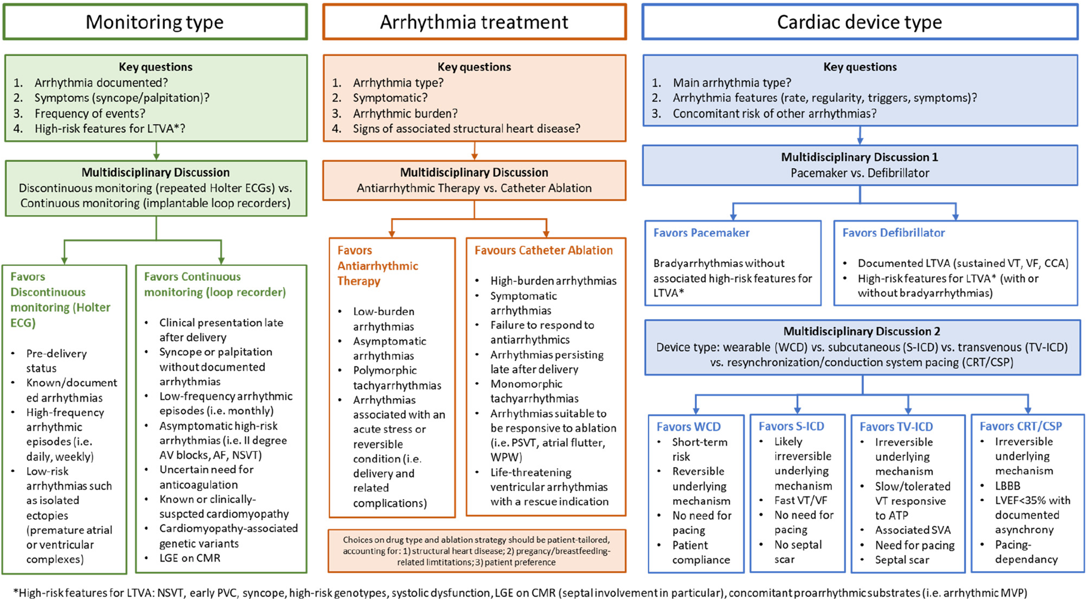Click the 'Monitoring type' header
155,22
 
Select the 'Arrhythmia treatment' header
474,22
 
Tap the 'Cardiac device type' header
859,22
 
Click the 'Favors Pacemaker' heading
701,233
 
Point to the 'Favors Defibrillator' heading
893,233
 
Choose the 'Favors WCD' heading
688,427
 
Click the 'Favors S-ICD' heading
791,426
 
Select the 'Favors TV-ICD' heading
896,427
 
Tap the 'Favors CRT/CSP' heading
1020,426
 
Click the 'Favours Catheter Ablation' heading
543,250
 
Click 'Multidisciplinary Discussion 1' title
859,157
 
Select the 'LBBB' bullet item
1007,486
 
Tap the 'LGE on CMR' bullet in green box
190,558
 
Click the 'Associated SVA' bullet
913,530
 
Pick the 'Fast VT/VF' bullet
800,500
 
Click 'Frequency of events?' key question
90,114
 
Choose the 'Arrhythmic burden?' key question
405,114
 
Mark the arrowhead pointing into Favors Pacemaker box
733,216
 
